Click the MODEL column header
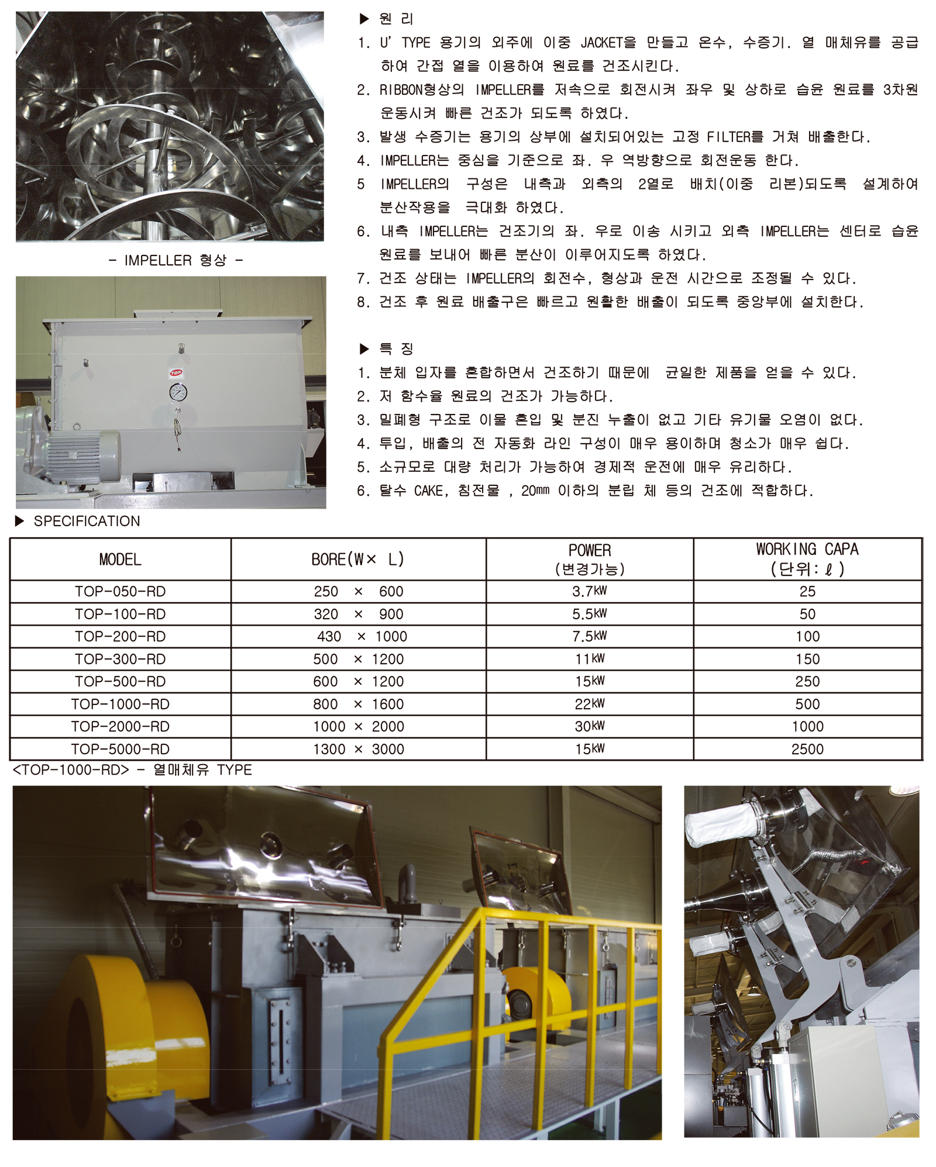click(x=120, y=560)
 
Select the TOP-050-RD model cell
click(x=120, y=592)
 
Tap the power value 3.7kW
click(x=590, y=591)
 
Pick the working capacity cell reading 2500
click(x=807, y=749)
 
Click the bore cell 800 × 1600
click(x=359, y=704)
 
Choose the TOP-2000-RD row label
click(x=120, y=727)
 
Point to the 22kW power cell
click(x=590, y=704)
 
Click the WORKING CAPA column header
click(x=807, y=558)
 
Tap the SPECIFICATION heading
click(x=87, y=521)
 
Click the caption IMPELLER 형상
click(x=175, y=260)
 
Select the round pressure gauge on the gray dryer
click(x=178, y=392)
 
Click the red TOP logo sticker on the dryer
click(x=176, y=372)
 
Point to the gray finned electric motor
click(x=83, y=457)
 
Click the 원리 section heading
click(x=396, y=19)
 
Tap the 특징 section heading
click(x=396, y=349)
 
